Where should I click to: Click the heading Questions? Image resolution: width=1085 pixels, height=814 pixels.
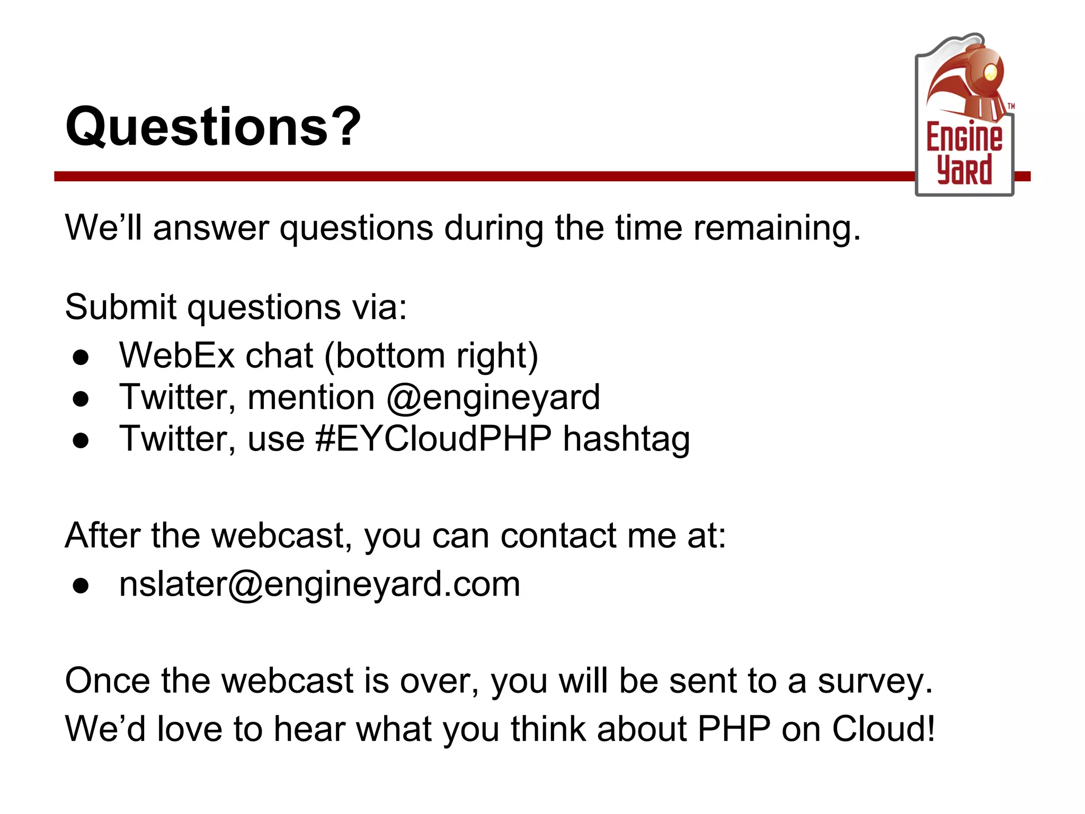[213, 127]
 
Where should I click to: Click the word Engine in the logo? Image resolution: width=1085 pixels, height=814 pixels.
[964, 137]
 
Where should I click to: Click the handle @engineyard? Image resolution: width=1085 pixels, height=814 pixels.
[493, 397]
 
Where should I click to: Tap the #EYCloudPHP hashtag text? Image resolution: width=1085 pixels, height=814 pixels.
[433, 439]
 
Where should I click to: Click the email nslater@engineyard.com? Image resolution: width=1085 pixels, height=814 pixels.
[319, 584]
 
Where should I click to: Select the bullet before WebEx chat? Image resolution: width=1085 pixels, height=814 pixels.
[81, 357]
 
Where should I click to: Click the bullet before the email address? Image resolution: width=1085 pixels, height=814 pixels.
[81, 586]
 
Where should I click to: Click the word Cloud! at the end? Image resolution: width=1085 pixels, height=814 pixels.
[883, 729]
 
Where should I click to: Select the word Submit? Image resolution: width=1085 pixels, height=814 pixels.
[120, 307]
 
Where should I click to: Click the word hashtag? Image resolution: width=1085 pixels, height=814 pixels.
[626, 439]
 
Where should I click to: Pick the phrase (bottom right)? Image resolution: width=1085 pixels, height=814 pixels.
[431, 356]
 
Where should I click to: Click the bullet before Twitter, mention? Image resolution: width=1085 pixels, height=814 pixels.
[81, 399]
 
